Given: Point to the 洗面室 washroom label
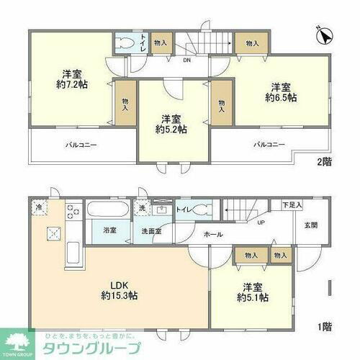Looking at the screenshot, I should [151, 231].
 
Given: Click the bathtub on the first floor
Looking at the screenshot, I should [108, 210].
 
